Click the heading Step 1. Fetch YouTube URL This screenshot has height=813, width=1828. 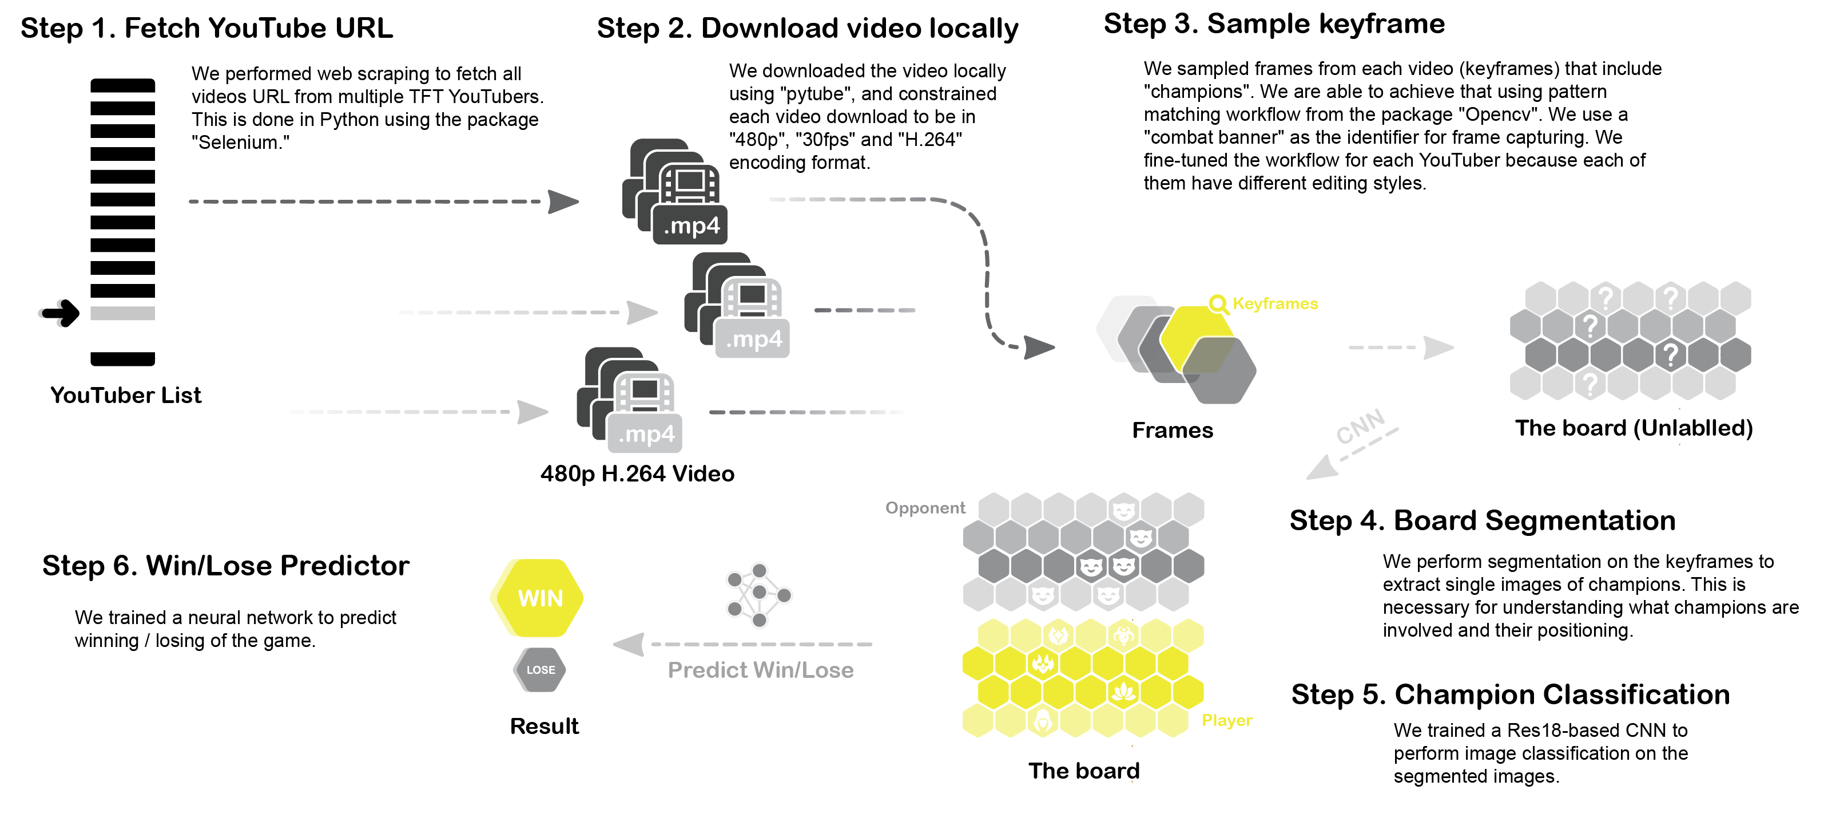point(206,29)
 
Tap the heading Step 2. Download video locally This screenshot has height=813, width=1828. point(807,29)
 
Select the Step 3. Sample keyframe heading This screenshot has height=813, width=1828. point(1274,24)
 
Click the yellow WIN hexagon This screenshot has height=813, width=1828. point(537,598)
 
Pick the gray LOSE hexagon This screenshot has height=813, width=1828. point(540,669)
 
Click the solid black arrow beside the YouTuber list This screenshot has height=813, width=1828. point(59,313)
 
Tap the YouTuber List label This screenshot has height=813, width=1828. point(126,395)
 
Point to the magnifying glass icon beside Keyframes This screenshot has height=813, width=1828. point(1218,304)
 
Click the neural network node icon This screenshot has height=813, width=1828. point(758,595)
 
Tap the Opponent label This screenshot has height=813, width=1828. point(925,508)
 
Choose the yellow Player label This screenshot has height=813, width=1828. point(1226,720)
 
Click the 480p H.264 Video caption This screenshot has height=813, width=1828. point(637,473)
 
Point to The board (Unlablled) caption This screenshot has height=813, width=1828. point(1634,428)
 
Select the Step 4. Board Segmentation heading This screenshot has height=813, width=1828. point(1482,520)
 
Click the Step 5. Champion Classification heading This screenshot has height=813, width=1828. point(1510,694)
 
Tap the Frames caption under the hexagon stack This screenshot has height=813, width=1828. point(1173,431)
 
